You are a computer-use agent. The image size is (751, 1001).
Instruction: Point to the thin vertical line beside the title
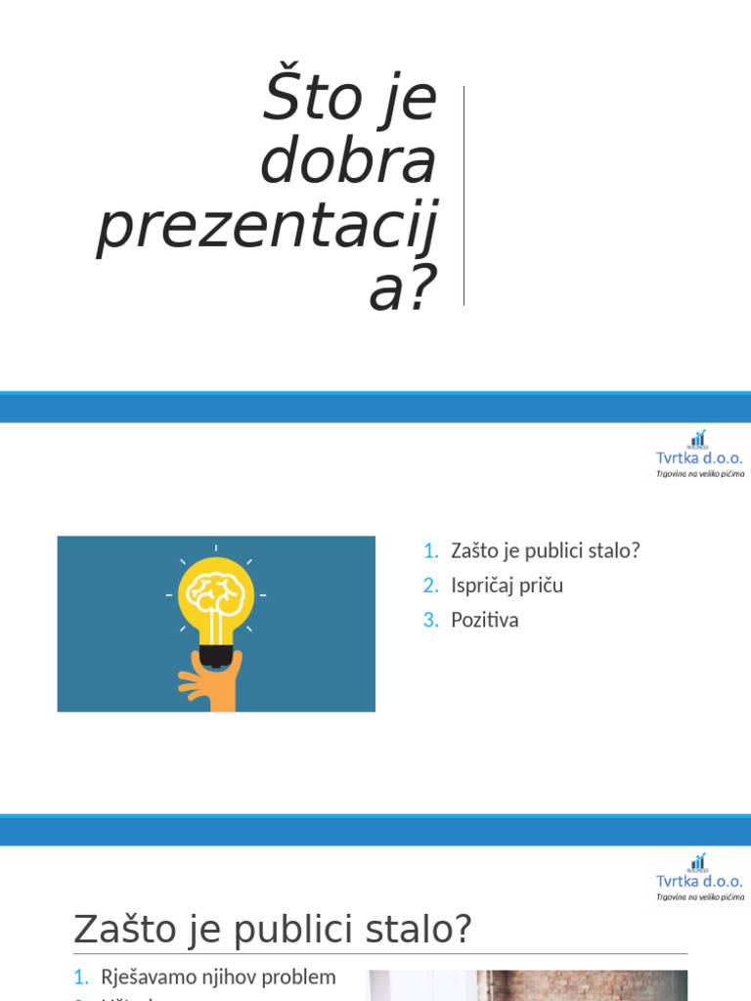(x=464, y=196)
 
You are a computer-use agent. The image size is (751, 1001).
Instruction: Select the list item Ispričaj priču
(x=507, y=586)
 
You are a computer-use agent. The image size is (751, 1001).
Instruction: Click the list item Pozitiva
(x=484, y=620)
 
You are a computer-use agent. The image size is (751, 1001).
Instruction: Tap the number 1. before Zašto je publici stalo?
(x=431, y=550)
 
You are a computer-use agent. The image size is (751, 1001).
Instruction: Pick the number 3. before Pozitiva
(x=431, y=620)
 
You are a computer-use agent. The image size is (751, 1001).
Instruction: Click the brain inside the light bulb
(x=216, y=592)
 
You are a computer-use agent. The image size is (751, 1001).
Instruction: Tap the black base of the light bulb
(x=215, y=654)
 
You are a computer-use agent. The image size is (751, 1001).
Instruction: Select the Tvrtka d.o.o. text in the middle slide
(x=699, y=457)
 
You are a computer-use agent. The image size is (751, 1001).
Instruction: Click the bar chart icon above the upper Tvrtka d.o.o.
(x=697, y=439)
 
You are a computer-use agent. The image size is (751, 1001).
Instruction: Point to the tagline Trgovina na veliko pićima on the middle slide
(x=699, y=473)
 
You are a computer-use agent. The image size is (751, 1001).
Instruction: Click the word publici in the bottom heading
(x=297, y=931)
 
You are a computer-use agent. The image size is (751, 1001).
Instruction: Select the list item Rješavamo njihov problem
(x=218, y=977)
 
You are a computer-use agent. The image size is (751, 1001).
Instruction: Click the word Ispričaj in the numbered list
(x=478, y=586)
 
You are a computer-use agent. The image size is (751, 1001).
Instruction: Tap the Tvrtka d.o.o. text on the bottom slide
(x=699, y=881)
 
